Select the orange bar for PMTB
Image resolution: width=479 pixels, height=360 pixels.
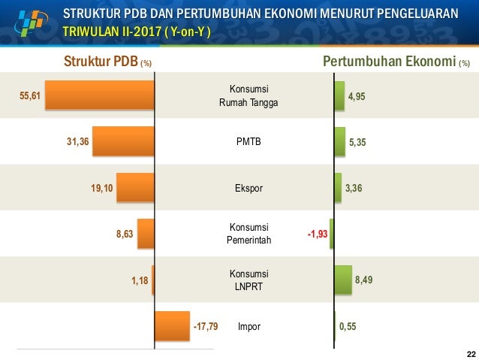124,141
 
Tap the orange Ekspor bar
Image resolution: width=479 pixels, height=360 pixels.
136,188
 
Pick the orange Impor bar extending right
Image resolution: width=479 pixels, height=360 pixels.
172,327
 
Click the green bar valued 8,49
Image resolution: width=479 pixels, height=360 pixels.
343,280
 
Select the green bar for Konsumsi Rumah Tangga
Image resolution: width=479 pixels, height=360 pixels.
339,96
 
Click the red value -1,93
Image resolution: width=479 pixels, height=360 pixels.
317,234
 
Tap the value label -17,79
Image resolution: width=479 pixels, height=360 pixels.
205,327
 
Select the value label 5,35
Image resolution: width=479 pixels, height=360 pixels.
357,141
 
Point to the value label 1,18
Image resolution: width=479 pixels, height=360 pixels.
139,280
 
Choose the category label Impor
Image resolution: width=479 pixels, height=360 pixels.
249,327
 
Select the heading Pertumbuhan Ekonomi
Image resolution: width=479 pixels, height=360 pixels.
390,62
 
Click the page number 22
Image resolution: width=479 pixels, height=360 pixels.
471,354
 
